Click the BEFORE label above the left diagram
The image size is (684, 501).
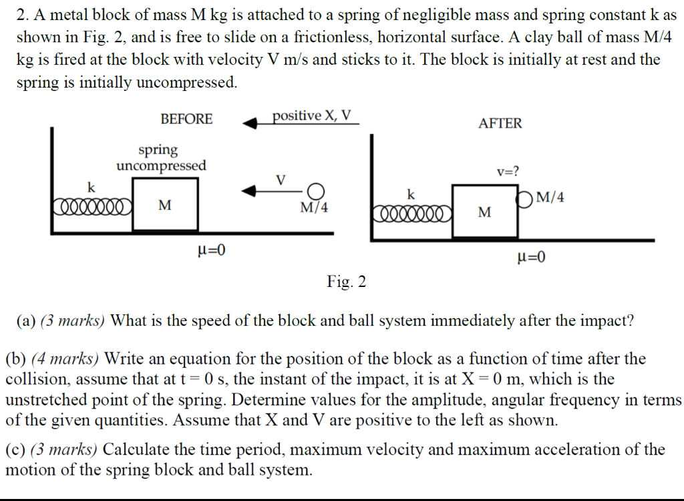coord(186,119)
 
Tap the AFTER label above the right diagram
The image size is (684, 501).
coord(500,123)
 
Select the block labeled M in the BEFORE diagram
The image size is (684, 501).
coord(164,206)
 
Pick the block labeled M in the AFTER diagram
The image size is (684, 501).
coord(485,212)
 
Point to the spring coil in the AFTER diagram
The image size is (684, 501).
coord(411,213)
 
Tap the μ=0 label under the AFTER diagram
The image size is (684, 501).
coord(532,257)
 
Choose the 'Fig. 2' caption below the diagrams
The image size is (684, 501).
coord(347,282)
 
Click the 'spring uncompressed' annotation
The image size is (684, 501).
coord(161,157)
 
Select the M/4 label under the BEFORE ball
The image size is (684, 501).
coord(314,207)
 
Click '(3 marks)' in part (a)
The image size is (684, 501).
coord(73,320)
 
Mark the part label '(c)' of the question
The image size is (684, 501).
coord(16,449)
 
